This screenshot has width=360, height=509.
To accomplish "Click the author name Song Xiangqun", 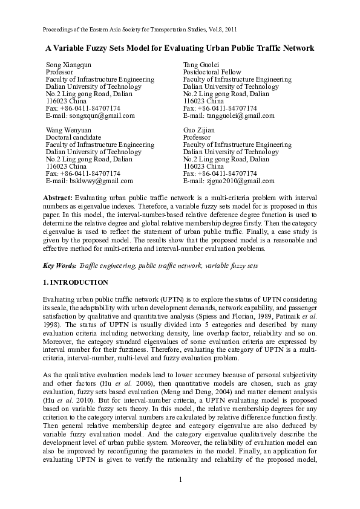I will click(69, 63).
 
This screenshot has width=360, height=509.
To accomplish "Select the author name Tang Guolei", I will click(200, 63).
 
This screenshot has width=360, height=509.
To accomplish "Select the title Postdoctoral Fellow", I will click(210, 71).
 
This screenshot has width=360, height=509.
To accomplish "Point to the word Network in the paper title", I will click(296, 47).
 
